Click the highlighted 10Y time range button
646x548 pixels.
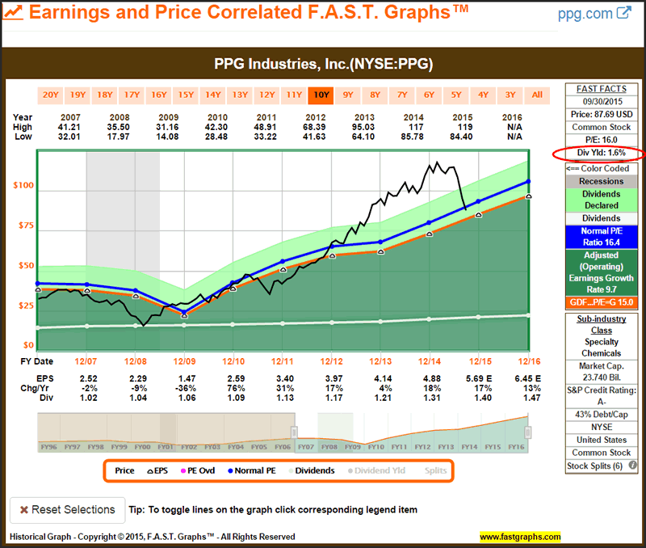click(321, 95)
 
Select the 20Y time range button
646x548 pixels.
click(50, 95)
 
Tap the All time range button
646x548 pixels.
click(537, 95)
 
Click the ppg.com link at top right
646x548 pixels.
click(594, 14)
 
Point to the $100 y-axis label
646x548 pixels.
click(23, 186)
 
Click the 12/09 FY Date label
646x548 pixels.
click(184, 360)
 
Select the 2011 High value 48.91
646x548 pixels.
click(282, 127)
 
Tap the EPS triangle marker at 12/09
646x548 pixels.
click(183, 315)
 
